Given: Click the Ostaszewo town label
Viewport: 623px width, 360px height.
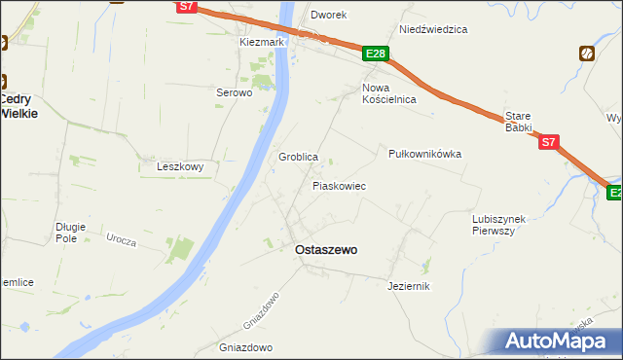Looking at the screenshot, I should [x=325, y=250].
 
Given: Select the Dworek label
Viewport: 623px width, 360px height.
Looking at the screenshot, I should [x=328, y=16].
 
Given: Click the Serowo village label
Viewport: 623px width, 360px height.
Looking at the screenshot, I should [x=234, y=93].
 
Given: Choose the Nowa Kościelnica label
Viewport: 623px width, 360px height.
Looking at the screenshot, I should [x=388, y=93].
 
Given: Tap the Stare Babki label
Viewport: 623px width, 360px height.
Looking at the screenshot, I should [x=518, y=122].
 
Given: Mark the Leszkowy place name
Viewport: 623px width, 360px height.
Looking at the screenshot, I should [x=180, y=166].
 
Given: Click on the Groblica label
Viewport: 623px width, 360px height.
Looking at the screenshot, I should [x=299, y=157].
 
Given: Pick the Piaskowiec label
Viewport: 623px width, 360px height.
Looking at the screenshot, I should [x=338, y=185].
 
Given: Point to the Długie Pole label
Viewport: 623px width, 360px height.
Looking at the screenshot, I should [x=71, y=233].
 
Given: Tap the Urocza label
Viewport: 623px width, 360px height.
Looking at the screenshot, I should [x=122, y=239].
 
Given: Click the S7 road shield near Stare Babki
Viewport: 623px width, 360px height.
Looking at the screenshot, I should [x=549, y=142].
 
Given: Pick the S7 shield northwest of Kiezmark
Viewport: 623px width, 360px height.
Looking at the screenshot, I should [x=189, y=7].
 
